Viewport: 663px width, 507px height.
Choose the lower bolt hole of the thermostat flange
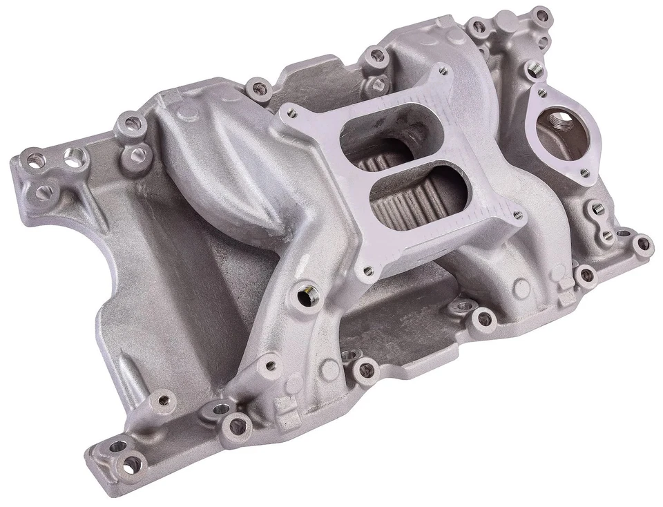pyautogui.click(x=586, y=173)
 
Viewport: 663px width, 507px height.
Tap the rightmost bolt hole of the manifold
pyautogui.click(x=642, y=243)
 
